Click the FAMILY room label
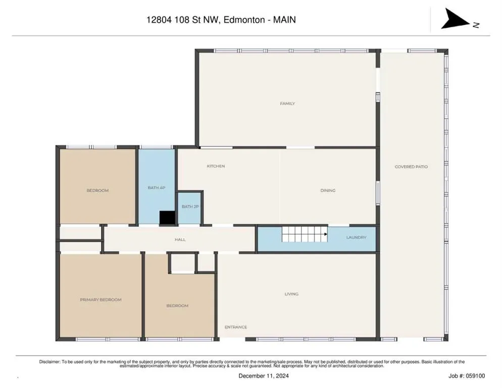[287, 104]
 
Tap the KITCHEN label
[216, 166]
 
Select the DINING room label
[328, 190]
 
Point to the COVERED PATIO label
[411, 167]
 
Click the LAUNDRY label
[356, 237]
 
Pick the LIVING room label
[291, 294]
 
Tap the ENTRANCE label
[236, 327]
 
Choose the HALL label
[180, 239]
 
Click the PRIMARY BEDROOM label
[101, 300]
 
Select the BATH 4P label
[156, 187]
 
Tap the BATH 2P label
[190, 206]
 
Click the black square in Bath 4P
[167, 218]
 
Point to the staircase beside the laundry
[305, 234]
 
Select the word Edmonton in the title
[244, 20]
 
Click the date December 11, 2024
[264, 376]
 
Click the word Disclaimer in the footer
[49, 362]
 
